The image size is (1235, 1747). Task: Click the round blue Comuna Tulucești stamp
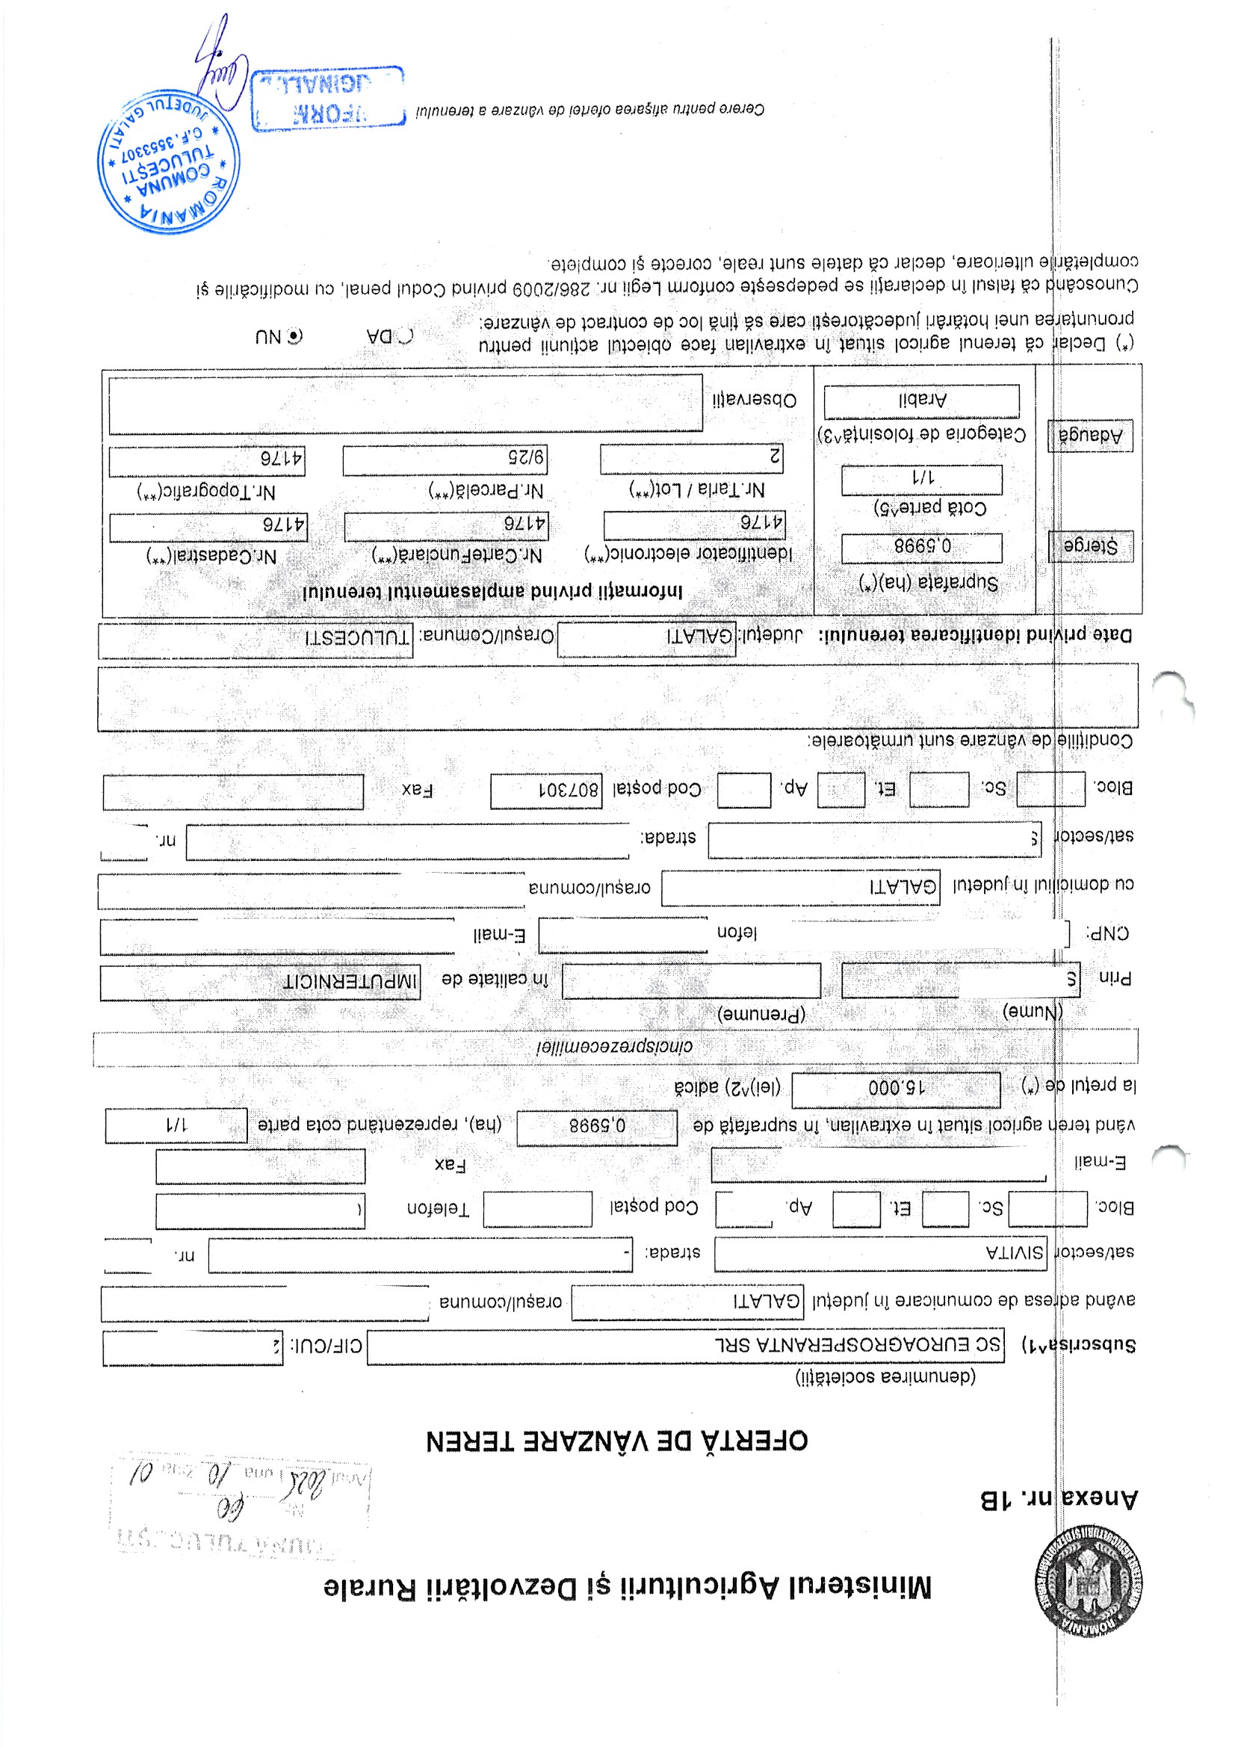tap(168, 161)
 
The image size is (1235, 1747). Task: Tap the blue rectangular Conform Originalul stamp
tap(327, 98)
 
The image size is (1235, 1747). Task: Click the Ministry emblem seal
tap(1087, 1580)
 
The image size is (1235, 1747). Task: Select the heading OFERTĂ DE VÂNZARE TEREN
tap(616, 1440)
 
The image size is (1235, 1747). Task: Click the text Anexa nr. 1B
tap(1059, 1499)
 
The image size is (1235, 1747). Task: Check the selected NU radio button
tap(295, 336)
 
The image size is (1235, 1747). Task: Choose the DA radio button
tap(406, 336)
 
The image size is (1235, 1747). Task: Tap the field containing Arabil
tap(921, 401)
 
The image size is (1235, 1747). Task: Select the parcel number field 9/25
tap(445, 460)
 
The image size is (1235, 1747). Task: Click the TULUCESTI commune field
tap(256, 639)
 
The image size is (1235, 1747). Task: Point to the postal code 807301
tap(545, 791)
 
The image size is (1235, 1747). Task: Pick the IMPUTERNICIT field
tap(260, 982)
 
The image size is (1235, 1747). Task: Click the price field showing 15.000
tap(896, 1089)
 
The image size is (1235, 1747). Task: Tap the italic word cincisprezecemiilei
tap(615, 1047)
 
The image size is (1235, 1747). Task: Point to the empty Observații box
tap(405, 403)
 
